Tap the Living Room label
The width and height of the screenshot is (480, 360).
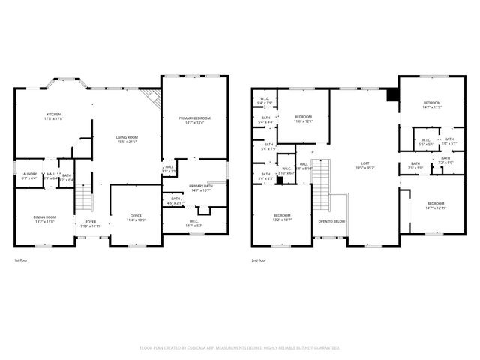click(x=126, y=139)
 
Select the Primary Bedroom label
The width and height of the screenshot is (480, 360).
click(x=194, y=120)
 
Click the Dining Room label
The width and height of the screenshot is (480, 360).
click(x=44, y=219)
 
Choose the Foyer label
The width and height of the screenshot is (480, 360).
click(x=91, y=223)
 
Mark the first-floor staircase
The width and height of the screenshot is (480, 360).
click(x=82, y=199)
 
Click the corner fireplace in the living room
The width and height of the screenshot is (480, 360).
click(x=153, y=98)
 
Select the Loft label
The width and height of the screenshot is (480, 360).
click(x=365, y=166)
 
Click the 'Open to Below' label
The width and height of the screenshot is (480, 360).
click(x=331, y=222)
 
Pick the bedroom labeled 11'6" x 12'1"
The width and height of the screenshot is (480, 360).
click(x=303, y=118)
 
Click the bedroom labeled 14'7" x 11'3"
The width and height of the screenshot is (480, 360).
click(x=431, y=104)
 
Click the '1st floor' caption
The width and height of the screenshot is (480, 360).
click(x=22, y=260)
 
